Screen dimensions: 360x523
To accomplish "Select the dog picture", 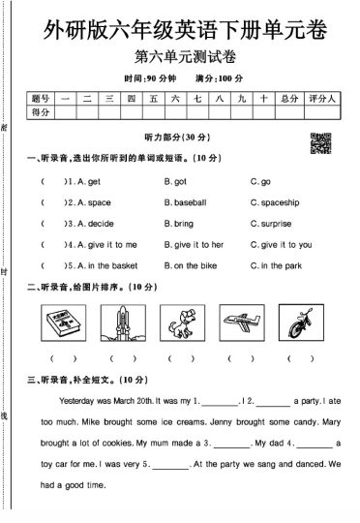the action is point(180,323).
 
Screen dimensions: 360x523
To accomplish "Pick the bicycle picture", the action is point(299,323).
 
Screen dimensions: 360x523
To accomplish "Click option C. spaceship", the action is point(275,203).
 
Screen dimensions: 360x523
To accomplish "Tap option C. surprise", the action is point(271,224).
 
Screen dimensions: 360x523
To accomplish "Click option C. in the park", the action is point(276,265).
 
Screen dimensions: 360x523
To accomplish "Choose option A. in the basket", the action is point(102,265).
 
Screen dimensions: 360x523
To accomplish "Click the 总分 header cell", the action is point(286,98).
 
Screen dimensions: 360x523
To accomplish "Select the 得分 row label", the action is point(40,113).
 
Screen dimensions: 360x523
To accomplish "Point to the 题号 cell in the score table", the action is point(40,98).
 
